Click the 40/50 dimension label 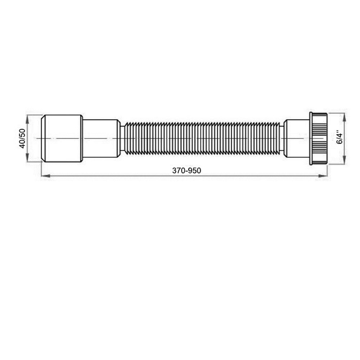22,139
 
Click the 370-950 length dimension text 186,171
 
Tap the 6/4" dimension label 339,137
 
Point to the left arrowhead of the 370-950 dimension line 46,176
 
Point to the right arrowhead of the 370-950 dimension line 322,176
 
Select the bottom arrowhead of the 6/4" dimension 344,160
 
